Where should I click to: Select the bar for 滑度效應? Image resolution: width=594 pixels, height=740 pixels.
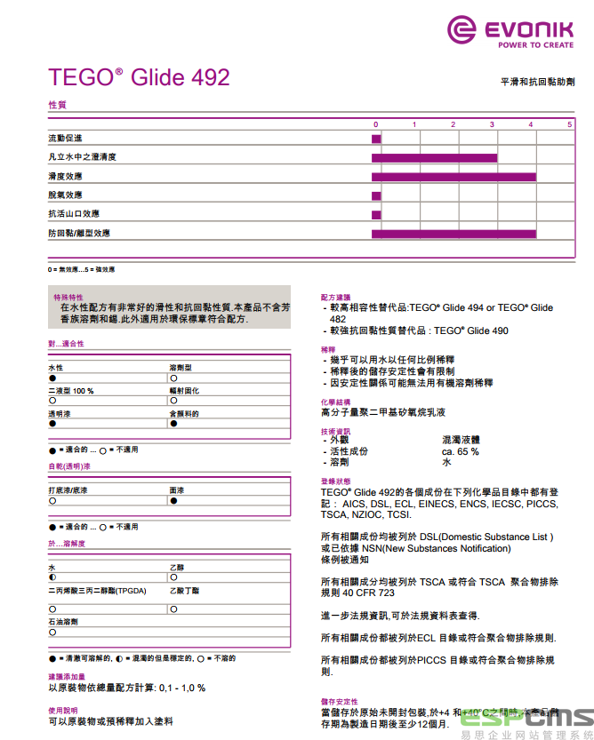(454, 177)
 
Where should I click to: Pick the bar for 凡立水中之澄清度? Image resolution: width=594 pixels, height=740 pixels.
(434, 158)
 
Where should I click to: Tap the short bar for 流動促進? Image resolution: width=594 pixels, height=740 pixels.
(376, 139)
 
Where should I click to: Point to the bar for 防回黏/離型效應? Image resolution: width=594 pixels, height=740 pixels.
(454, 234)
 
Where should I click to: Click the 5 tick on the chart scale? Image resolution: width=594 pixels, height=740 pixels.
(570, 124)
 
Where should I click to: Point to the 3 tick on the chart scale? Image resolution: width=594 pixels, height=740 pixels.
(492, 124)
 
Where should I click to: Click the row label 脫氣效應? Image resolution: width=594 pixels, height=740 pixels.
(65, 195)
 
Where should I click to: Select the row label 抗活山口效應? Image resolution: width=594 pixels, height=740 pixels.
(74, 214)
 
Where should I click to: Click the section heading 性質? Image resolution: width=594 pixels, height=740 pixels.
(57, 105)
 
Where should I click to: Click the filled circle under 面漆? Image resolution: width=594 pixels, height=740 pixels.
(173, 501)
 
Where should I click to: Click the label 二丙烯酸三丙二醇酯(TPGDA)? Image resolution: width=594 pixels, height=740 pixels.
(98, 591)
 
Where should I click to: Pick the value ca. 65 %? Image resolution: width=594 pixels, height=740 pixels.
(460, 451)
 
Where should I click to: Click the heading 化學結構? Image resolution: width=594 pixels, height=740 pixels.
(335, 402)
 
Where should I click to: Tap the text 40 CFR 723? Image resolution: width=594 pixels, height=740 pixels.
(368, 593)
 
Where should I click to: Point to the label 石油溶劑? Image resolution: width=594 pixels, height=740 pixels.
(63, 622)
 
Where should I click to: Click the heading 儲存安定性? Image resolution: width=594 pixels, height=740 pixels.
(340, 701)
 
